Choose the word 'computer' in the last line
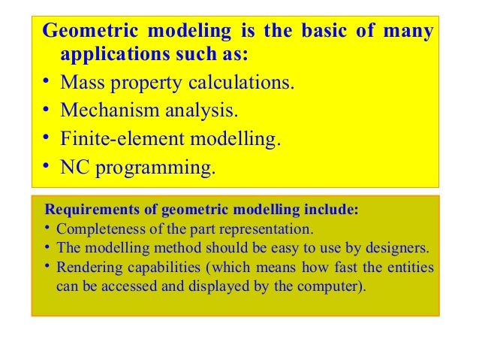(330, 286)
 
